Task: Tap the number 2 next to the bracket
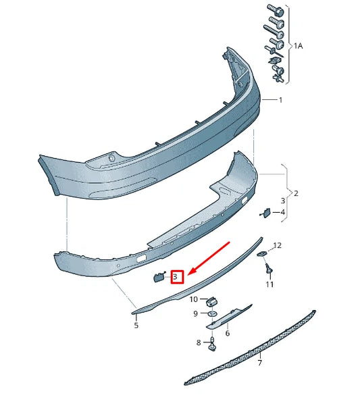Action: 295,192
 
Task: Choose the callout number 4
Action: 282,212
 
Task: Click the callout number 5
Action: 136,326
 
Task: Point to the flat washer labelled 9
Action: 211,314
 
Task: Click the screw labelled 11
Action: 269,270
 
